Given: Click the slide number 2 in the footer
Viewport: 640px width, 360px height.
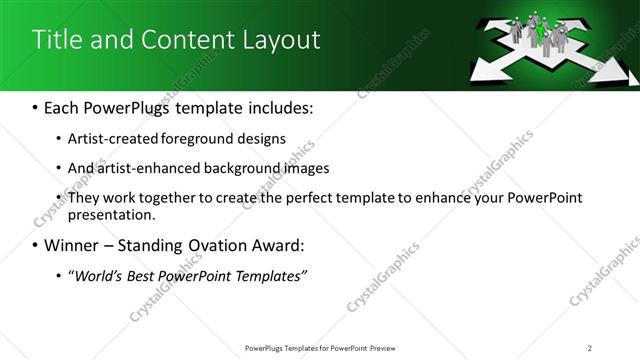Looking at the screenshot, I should pos(590,347).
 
